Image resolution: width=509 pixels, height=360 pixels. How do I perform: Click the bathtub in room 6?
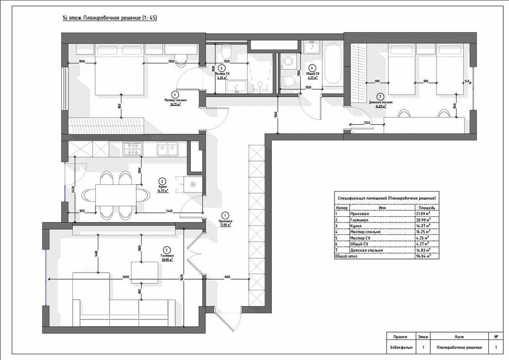tap(332, 64)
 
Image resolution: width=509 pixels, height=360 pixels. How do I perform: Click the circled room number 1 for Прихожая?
tap(224, 215)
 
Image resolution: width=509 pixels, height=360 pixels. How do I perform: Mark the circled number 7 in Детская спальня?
tap(379, 96)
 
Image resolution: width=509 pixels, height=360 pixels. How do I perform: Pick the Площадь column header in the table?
tap(426, 208)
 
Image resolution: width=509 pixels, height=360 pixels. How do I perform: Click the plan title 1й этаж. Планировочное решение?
tap(109, 18)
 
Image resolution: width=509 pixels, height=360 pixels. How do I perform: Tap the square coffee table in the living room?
tap(144, 270)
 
